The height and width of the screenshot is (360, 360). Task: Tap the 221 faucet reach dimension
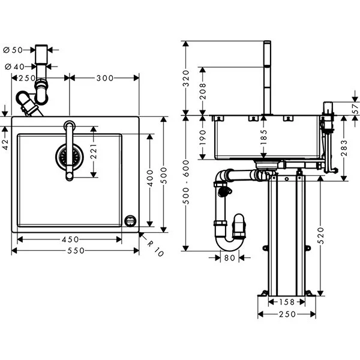94,152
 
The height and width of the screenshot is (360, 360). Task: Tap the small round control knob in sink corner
130,221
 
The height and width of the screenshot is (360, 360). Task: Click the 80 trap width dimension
230,259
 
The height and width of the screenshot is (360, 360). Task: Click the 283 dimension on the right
344,148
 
